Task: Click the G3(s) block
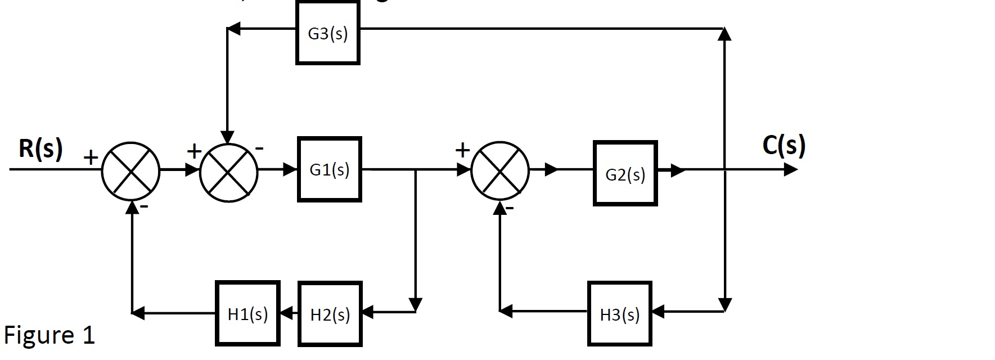click(x=328, y=33)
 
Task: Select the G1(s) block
click(x=330, y=169)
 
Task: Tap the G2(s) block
click(x=625, y=174)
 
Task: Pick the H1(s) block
click(x=247, y=313)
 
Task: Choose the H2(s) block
click(x=330, y=314)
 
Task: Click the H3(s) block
click(x=619, y=314)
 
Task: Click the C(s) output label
click(x=784, y=145)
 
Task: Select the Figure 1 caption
click(x=49, y=335)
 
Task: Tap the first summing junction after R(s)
click(x=130, y=171)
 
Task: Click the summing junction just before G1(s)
click(x=228, y=171)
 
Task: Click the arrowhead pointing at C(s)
click(x=790, y=169)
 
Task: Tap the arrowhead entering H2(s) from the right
click(x=367, y=312)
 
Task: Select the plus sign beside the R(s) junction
click(x=91, y=157)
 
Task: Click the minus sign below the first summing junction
click(x=144, y=208)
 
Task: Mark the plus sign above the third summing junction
click(x=462, y=150)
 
